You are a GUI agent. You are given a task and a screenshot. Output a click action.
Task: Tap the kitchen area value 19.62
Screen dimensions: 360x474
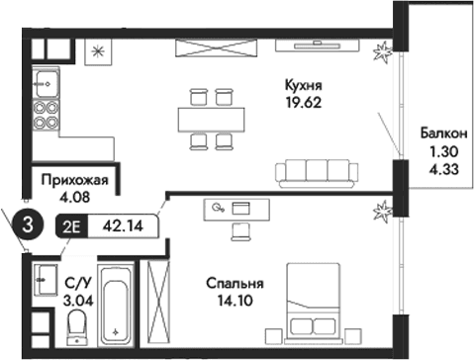305,101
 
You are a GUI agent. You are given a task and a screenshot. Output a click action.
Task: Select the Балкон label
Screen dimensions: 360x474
437,134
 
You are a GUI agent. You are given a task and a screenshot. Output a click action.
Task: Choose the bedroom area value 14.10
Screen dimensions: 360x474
234,302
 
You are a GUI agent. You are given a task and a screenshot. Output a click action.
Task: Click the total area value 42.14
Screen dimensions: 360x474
124,225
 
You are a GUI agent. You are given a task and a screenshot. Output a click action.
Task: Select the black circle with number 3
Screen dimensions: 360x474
28,225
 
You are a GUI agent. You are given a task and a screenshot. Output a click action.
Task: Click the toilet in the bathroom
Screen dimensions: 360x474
77,334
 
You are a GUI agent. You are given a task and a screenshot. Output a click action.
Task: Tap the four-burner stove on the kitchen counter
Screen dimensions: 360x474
45,114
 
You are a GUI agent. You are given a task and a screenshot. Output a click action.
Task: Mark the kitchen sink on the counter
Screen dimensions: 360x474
45,78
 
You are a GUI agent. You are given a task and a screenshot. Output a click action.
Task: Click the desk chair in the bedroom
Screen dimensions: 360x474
241,230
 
